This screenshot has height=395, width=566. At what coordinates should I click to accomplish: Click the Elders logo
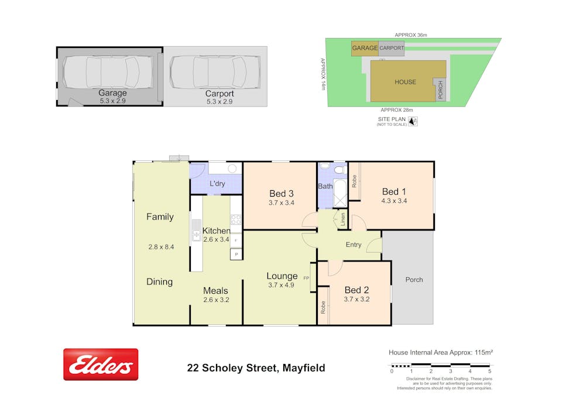(x=101, y=365)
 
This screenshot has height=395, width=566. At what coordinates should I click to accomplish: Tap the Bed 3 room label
(x=282, y=194)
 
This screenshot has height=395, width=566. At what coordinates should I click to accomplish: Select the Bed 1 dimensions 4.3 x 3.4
(x=394, y=201)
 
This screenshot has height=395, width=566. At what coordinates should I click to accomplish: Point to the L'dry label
(x=217, y=184)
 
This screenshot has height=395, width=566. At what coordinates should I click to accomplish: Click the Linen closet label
(x=342, y=219)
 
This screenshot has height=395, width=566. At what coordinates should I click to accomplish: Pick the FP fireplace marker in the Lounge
(x=306, y=278)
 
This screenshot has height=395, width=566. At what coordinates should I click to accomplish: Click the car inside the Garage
(x=101, y=72)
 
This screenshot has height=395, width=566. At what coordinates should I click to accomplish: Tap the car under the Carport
(x=215, y=72)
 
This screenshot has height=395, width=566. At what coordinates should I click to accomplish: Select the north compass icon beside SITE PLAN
(x=413, y=121)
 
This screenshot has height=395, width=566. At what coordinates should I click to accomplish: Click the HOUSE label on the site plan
(x=406, y=82)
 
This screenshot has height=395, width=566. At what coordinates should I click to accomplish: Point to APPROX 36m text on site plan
(x=411, y=35)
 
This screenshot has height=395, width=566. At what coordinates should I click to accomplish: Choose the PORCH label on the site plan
(x=440, y=90)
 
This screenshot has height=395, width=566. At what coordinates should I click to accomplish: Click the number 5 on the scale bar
(x=490, y=371)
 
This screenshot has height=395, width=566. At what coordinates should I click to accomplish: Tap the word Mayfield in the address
(x=304, y=368)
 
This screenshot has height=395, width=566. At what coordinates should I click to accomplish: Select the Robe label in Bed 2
(x=323, y=307)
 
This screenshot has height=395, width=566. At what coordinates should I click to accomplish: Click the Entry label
(x=354, y=245)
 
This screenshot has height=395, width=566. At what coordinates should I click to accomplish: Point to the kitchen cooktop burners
(x=236, y=219)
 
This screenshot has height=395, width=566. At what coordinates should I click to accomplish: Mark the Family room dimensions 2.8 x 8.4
(x=161, y=247)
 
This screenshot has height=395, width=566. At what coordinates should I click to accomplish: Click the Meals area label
(x=215, y=291)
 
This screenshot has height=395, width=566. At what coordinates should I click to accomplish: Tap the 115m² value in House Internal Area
(x=484, y=352)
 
